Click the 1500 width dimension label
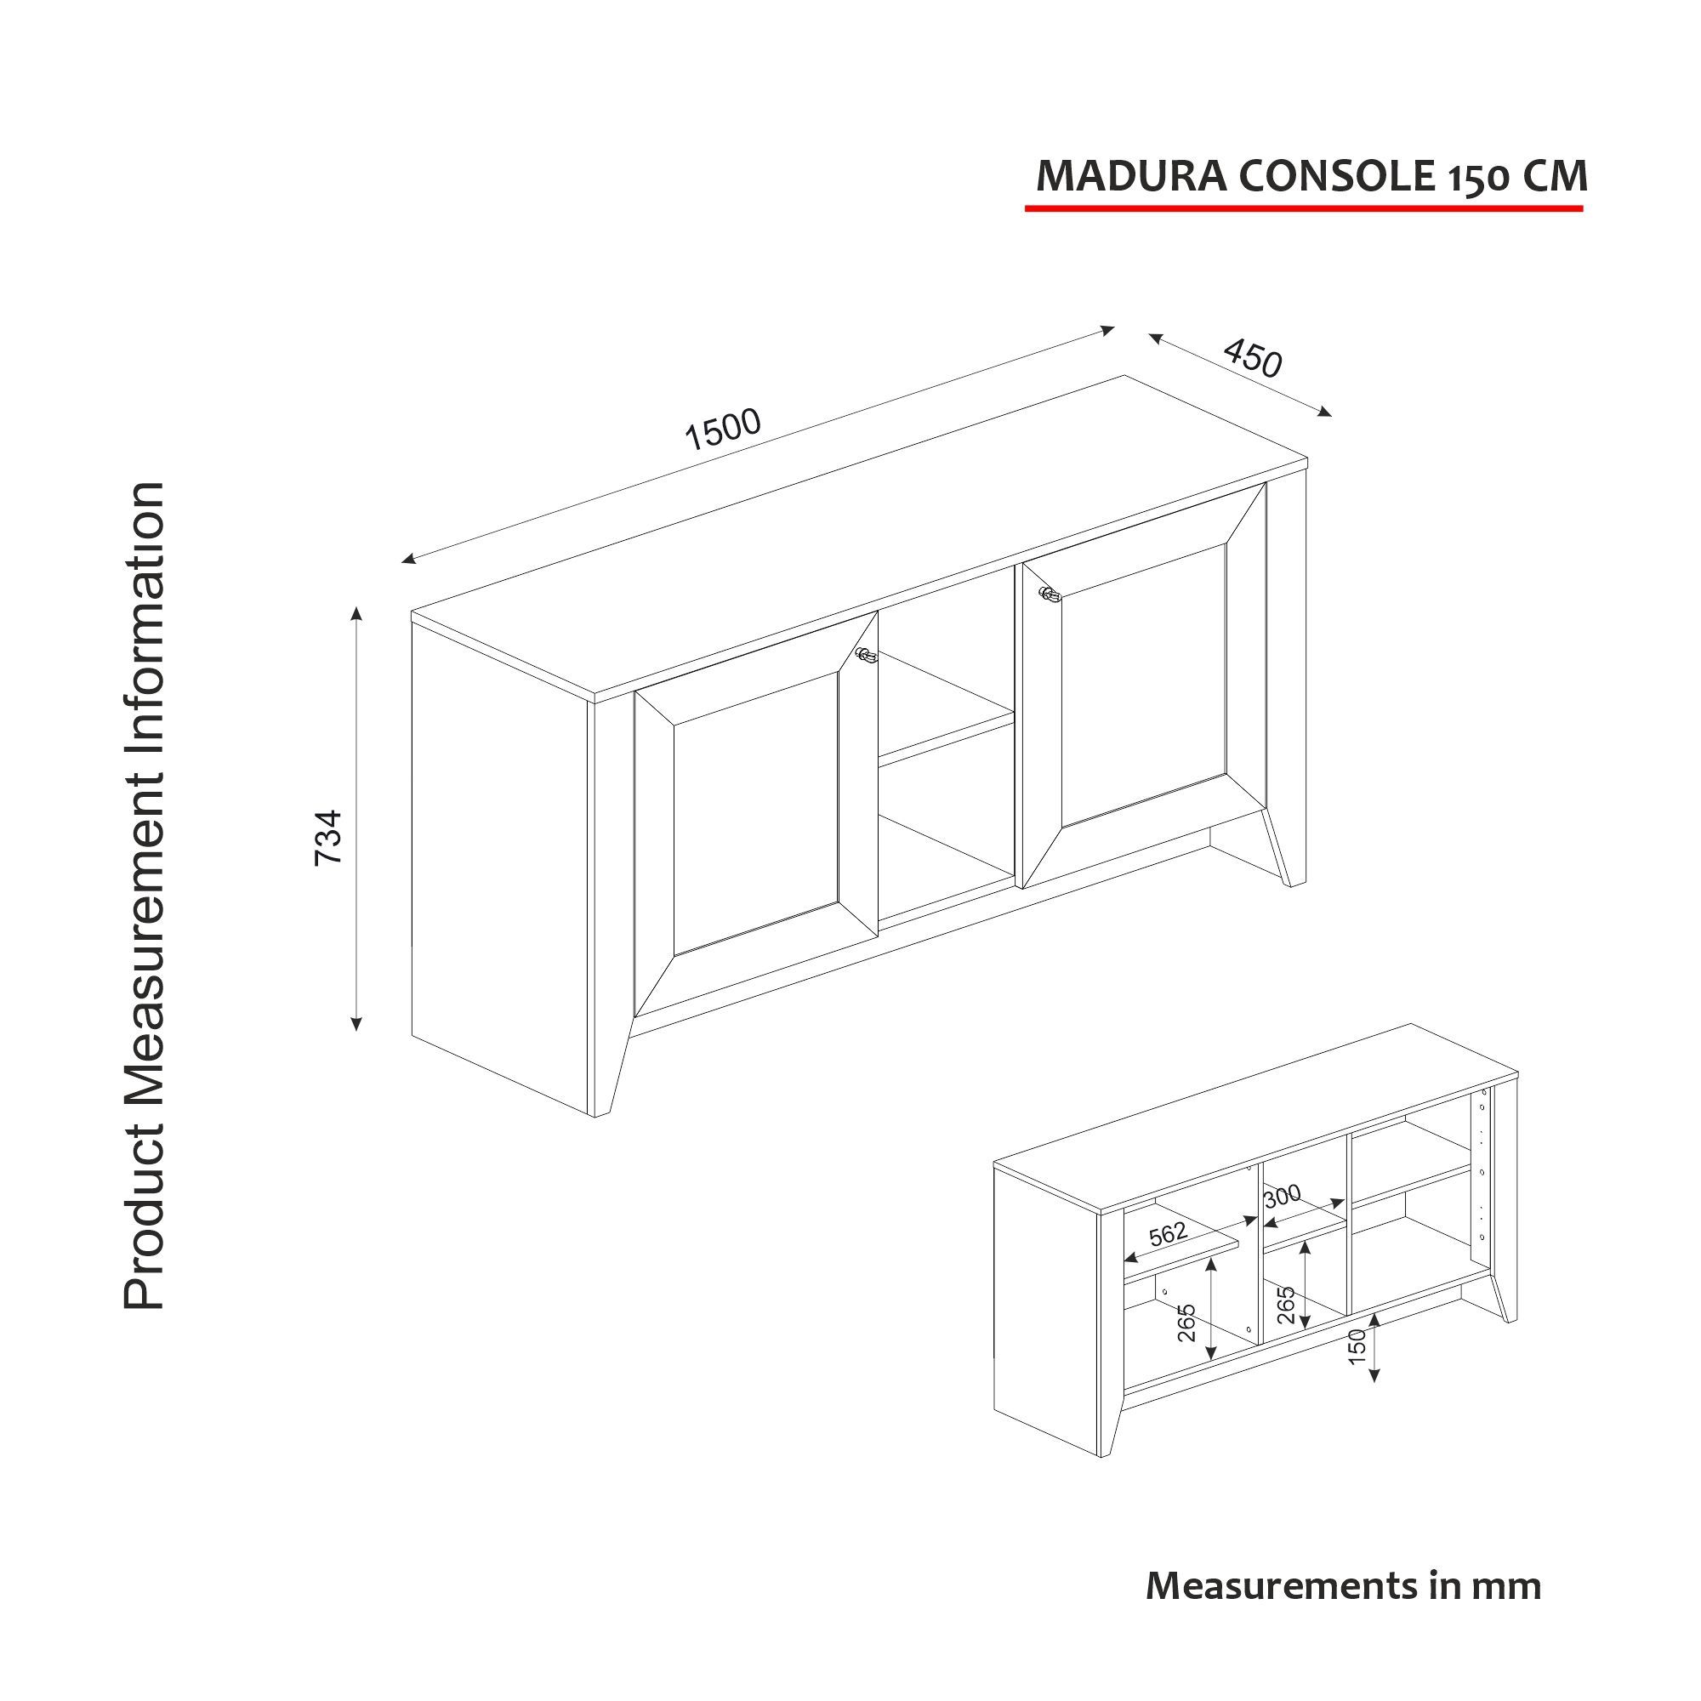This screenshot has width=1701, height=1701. point(722,429)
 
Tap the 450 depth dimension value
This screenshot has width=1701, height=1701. point(1252,359)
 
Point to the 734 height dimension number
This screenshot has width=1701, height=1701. point(328,836)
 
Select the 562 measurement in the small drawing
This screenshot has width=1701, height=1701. point(1169,1234)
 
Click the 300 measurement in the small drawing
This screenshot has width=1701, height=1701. point(1282,1196)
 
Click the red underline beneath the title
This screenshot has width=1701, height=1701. point(1303,208)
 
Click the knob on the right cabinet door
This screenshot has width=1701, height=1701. point(1049,595)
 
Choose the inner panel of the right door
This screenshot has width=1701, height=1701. point(1144,678)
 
